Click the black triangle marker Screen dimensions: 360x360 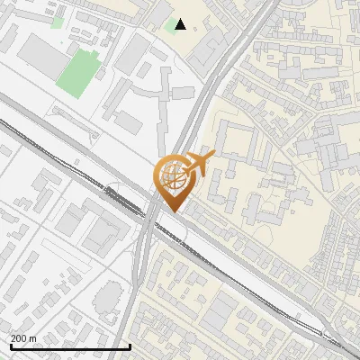[x=181, y=24]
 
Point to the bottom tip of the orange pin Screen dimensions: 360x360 [x=172, y=211]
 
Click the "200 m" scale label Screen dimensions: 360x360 [x=23, y=337]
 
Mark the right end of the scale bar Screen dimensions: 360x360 [x=131, y=346]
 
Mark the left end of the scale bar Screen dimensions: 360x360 [x=10, y=346]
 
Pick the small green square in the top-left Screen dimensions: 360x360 [x=58, y=21]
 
